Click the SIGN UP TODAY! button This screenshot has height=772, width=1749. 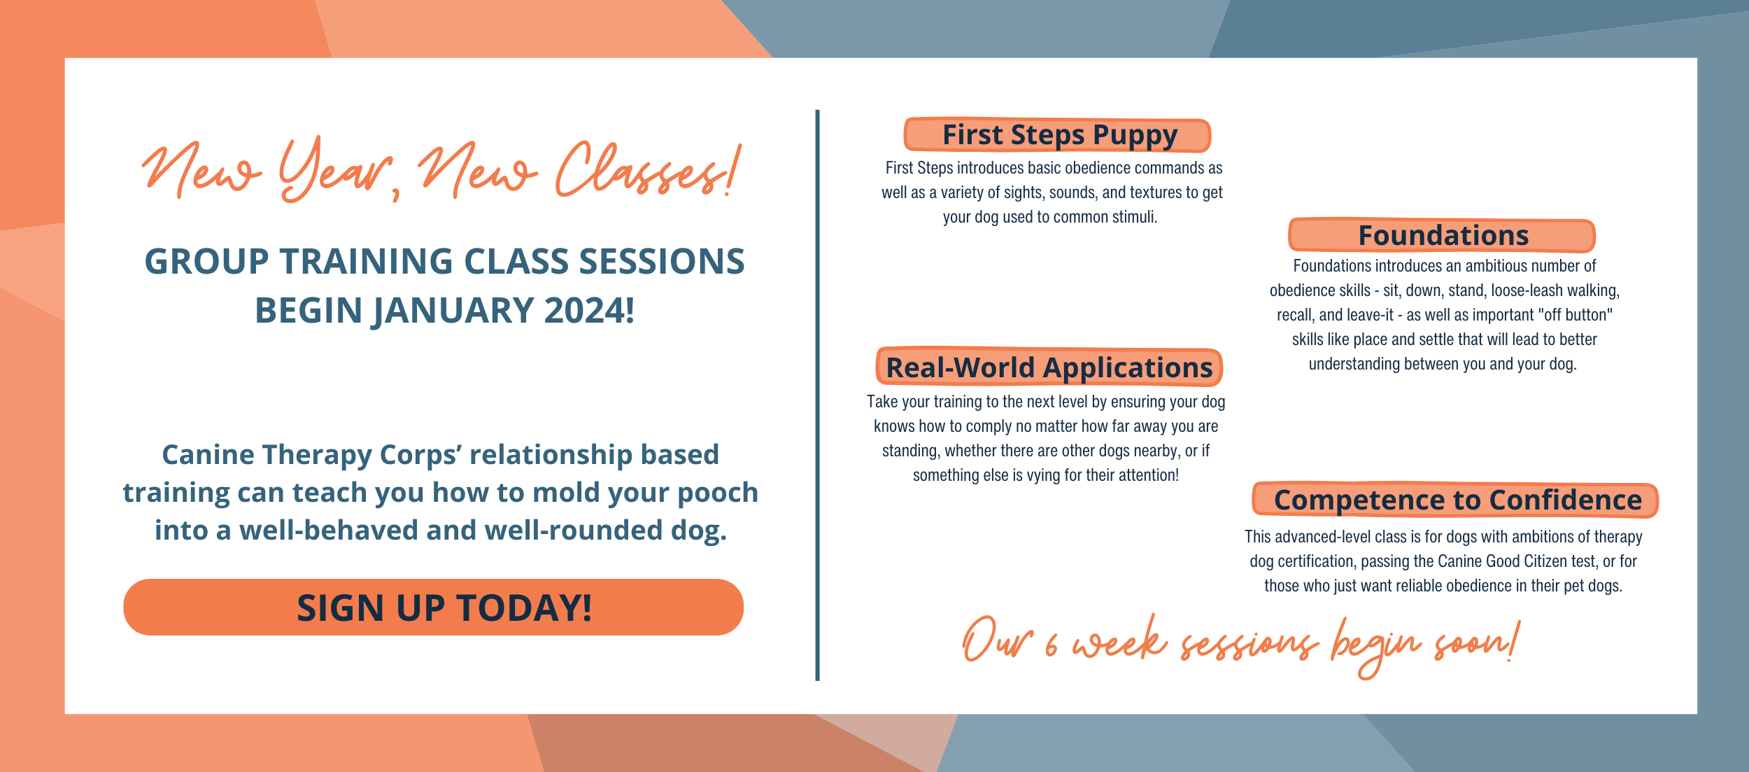click(434, 607)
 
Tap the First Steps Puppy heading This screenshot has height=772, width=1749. click(1059, 135)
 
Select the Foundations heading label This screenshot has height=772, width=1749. click(1443, 236)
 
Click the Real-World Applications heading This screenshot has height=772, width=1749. click(1049, 367)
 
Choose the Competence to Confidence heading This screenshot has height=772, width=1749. click(1457, 500)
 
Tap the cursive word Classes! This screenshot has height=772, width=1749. click(647, 171)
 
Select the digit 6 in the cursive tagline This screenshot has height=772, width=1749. click(1051, 645)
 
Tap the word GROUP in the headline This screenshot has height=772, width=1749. click(206, 262)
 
